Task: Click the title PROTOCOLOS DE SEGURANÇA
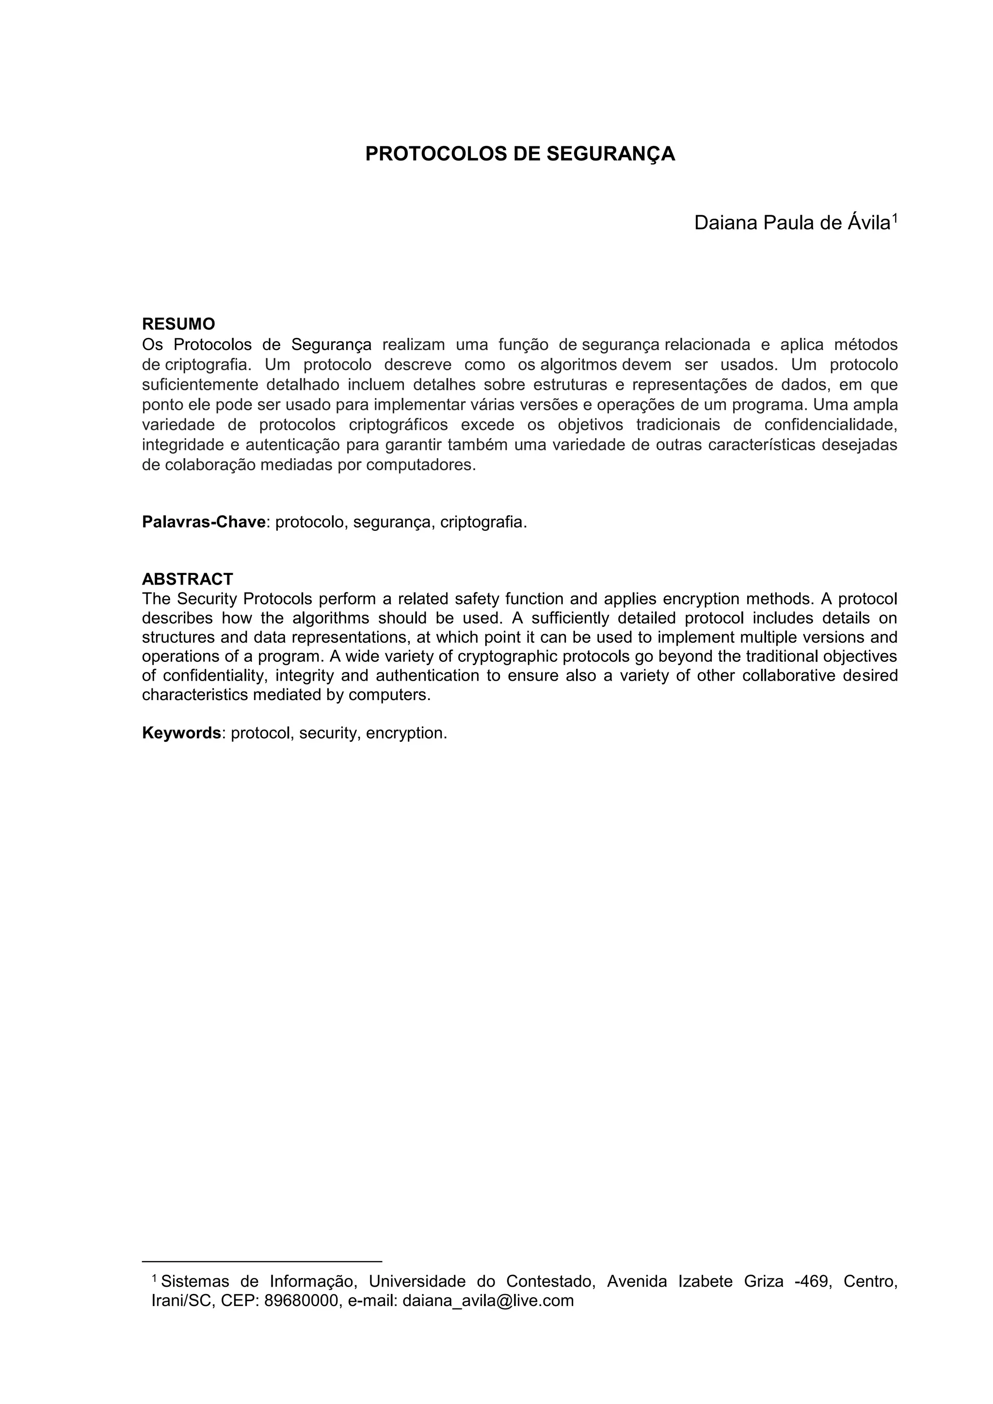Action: (x=520, y=154)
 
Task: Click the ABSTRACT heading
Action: (x=187, y=578)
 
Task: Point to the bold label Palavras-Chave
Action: (x=204, y=522)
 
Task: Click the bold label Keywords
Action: (x=181, y=733)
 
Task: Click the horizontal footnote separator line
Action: (x=262, y=1261)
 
